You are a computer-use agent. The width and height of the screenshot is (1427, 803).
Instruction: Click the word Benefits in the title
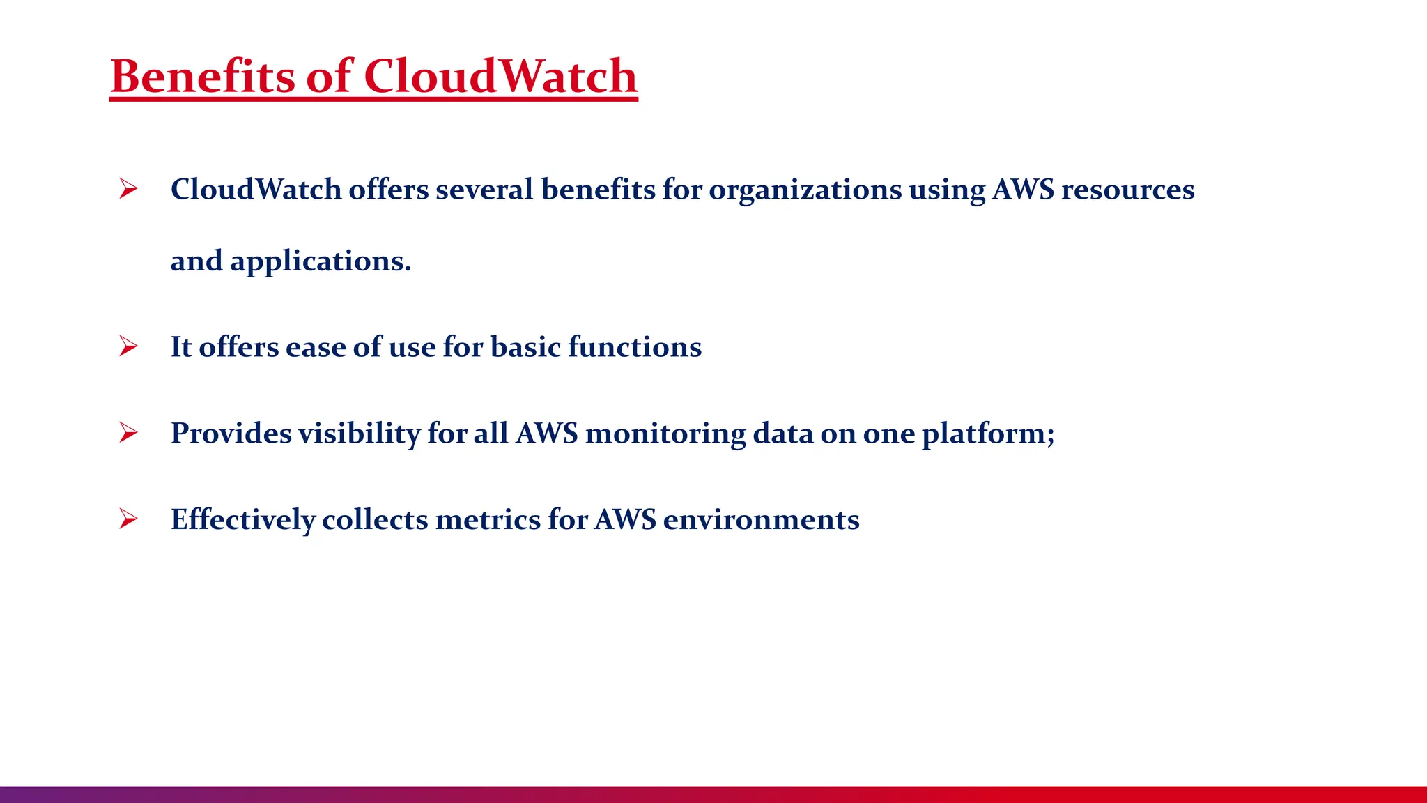(x=203, y=76)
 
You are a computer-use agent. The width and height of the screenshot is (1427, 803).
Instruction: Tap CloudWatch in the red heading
(x=500, y=76)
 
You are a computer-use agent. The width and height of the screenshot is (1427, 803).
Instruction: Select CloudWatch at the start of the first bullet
(x=256, y=190)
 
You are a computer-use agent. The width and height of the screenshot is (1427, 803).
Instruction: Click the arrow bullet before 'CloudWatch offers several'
(x=128, y=189)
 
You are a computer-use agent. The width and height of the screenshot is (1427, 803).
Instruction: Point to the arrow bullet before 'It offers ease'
(x=128, y=346)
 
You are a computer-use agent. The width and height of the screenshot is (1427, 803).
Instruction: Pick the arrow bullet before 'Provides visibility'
(x=128, y=433)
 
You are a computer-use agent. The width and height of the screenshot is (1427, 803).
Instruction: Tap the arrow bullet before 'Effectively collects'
(x=128, y=519)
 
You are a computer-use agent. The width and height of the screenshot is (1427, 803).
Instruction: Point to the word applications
(x=321, y=262)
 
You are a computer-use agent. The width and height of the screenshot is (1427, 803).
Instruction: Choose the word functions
(x=635, y=347)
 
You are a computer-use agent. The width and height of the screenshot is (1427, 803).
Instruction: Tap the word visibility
(x=359, y=434)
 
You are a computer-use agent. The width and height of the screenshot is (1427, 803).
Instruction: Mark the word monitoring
(x=665, y=434)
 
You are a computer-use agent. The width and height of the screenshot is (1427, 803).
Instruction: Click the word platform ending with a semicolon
(x=987, y=434)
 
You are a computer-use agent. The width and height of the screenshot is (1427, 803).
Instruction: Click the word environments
(x=761, y=520)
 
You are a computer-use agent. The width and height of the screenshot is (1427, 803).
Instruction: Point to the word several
(x=484, y=190)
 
